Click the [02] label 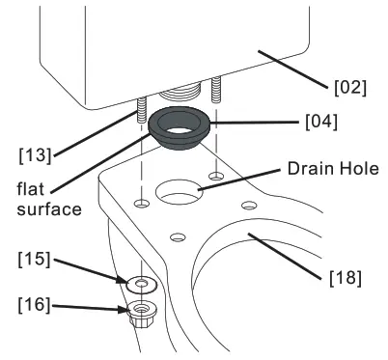tap(350, 88)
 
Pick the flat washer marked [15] tap(143, 284)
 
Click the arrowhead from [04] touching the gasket tap(210, 124)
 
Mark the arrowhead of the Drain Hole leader tap(200, 188)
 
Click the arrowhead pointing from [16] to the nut tap(130, 310)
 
